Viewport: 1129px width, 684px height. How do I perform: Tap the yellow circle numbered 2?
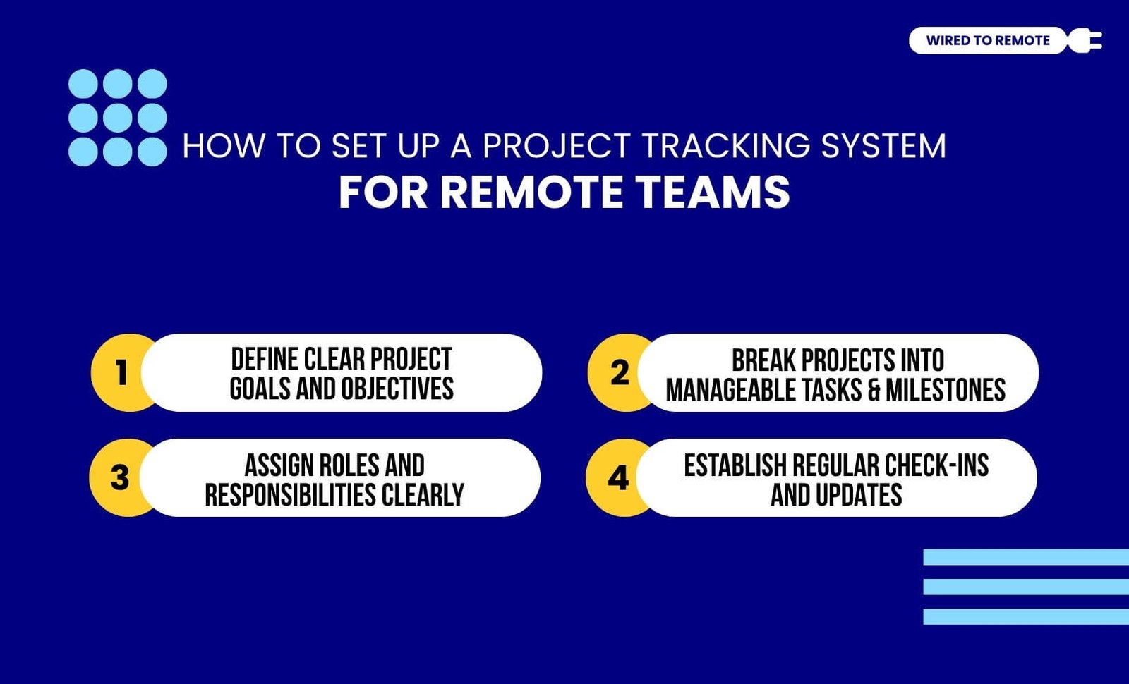618,372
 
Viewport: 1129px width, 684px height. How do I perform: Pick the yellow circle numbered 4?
617,477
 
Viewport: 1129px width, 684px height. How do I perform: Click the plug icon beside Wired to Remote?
1085,40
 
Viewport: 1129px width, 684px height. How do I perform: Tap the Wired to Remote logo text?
987,41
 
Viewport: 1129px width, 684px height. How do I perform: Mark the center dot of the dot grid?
117,118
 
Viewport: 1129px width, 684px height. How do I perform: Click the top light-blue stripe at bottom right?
1026,557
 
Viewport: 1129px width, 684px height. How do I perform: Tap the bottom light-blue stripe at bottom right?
1026,616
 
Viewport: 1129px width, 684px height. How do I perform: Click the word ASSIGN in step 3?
278,465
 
